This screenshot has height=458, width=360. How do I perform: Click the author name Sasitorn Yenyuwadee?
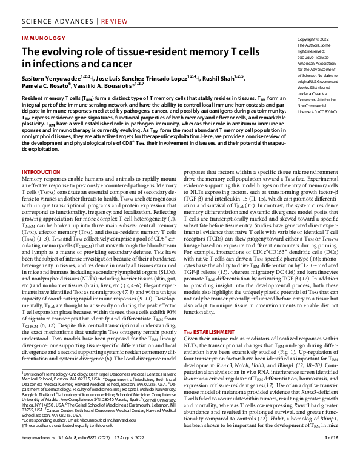coord(51,78)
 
